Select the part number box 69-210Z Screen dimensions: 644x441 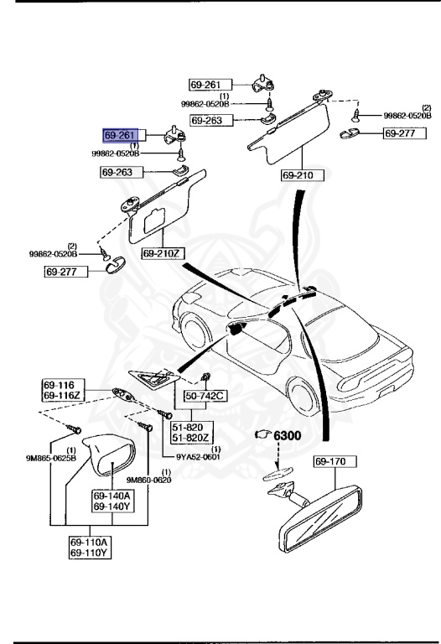pos(162,252)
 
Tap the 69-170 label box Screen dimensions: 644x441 pos(335,460)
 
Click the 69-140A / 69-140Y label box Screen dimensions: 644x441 pos(112,501)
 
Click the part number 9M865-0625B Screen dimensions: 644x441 pos(51,459)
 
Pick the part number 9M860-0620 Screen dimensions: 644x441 pos(148,480)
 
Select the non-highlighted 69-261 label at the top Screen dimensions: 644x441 pos(207,85)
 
